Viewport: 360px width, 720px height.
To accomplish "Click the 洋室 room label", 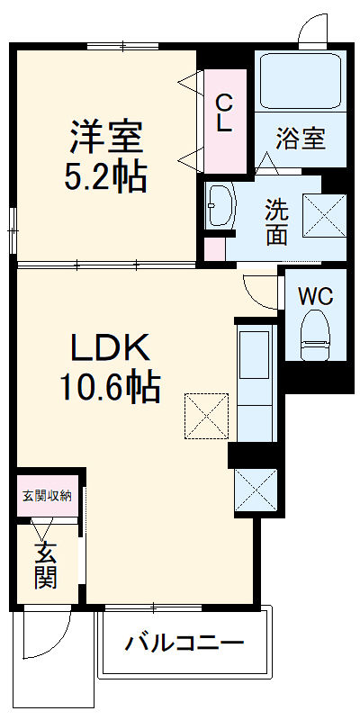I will (x=106, y=138).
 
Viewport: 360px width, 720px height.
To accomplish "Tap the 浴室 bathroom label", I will (x=300, y=140).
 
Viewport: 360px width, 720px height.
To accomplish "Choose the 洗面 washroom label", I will (x=276, y=221).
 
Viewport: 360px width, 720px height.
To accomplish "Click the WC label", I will (x=315, y=294).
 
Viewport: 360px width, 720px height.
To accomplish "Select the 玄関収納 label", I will (x=48, y=494).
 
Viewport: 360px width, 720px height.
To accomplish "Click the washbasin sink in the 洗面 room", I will (x=220, y=206).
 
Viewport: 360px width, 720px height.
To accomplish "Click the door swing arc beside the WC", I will (x=260, y=290).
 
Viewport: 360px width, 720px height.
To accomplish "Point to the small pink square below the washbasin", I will (x=213, y=247).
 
